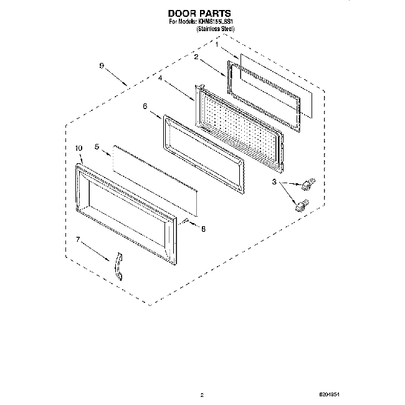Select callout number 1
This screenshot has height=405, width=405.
217,45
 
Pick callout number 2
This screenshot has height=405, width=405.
196,57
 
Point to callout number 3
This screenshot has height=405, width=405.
274,183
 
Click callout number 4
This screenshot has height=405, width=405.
160,79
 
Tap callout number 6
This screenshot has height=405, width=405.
145,107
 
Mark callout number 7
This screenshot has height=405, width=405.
78,239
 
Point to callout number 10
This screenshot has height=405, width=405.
79,148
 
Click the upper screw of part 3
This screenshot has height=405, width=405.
307,184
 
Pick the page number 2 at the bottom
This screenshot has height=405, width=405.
202,394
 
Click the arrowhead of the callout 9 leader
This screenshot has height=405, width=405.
126,85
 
